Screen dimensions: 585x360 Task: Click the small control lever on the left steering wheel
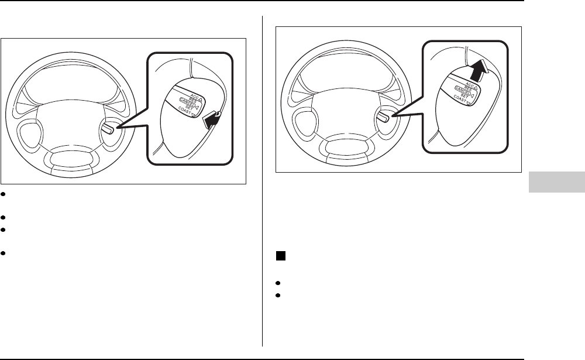tap(109, 128)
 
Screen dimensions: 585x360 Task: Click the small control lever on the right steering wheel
tap(383, 116)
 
